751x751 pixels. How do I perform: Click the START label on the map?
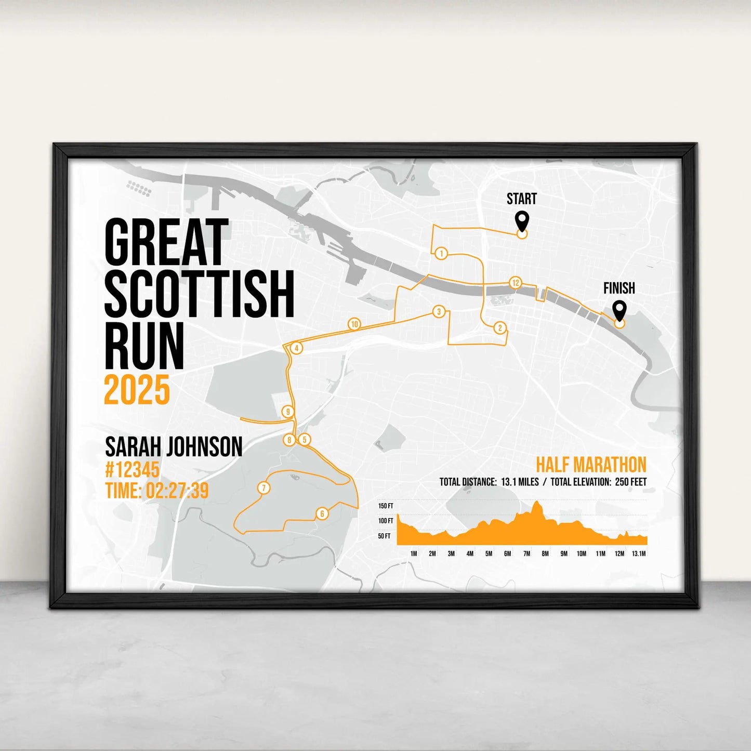[x=521, y=199]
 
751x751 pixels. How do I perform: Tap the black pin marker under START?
[x=522, y=220]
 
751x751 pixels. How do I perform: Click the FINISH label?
[x=619, y=288]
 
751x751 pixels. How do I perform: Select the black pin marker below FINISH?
[x=619, y=310]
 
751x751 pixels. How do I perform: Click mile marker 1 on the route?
[x=441, y=254]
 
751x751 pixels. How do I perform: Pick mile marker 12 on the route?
[x=515, y=283]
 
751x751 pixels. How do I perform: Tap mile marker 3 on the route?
[x=439, y=312]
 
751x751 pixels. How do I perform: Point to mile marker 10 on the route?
[x=354, y=324]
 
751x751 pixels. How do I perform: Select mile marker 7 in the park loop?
[x=263, y=488]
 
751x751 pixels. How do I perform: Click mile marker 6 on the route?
[x=322, y=514]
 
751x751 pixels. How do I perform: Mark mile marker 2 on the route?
[x=500, y=327]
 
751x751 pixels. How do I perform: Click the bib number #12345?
[x=132, y=470]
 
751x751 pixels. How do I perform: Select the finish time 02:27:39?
[x=177, y=490]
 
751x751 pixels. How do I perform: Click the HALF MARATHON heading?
[x=591, y=465]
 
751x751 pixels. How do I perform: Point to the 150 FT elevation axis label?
[x=386, y=506]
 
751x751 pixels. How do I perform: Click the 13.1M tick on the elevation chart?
[x=639, y=554]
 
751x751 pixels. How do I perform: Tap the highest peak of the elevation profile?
[x=536, y=503]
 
